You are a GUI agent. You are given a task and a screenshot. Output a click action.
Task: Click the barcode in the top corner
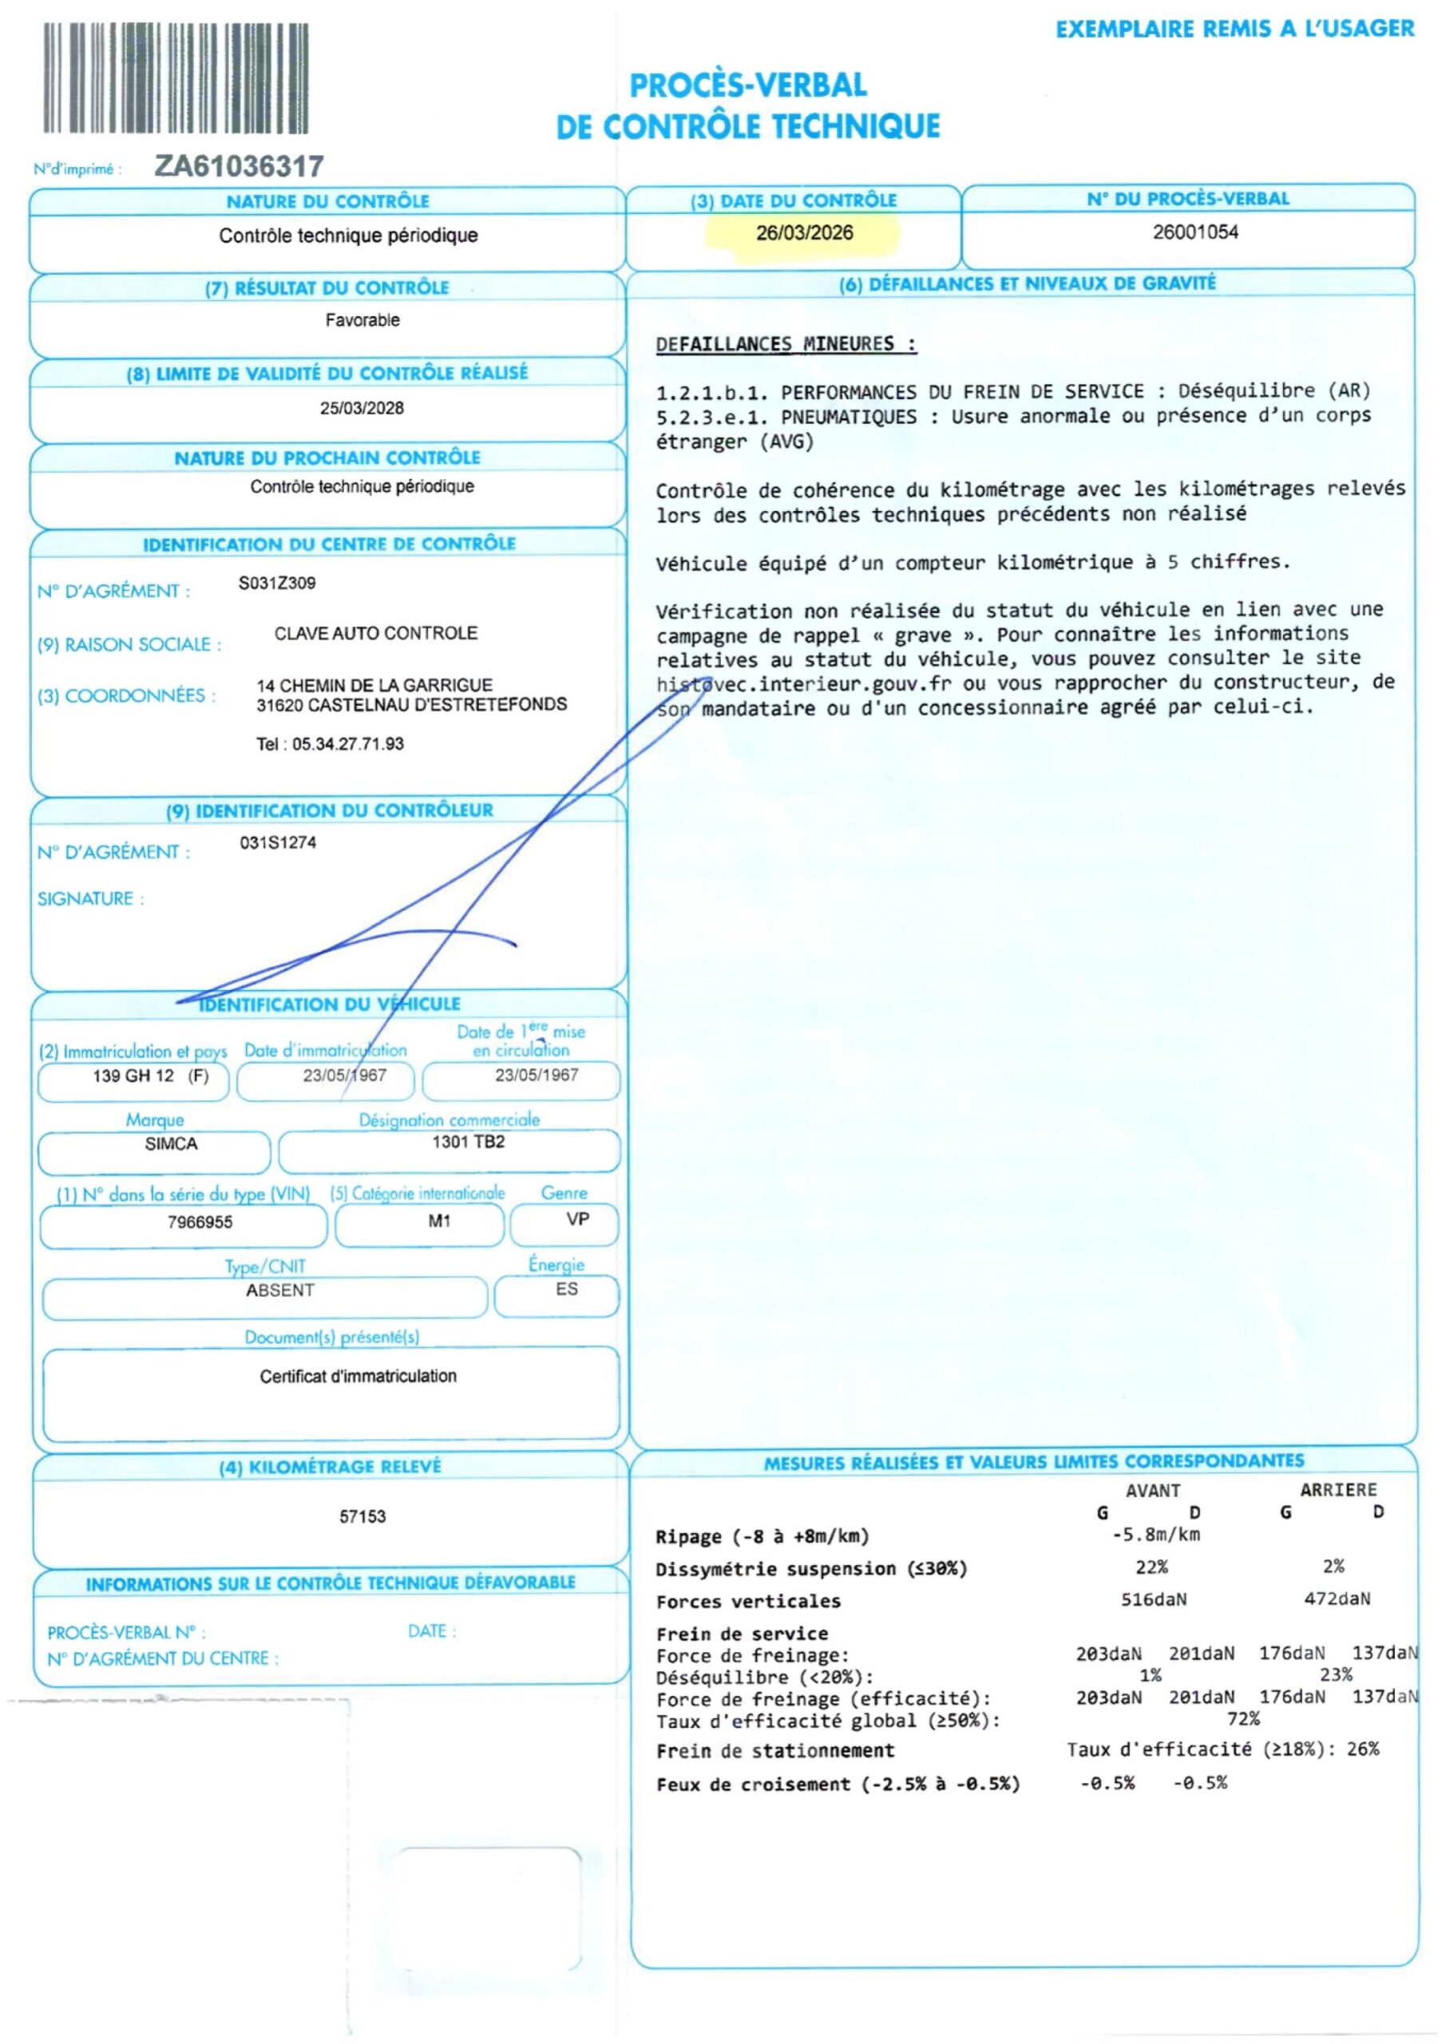point(176,78)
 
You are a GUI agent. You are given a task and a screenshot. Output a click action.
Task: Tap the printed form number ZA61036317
point(239,167)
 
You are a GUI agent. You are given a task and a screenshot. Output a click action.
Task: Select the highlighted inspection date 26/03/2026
point(804,233)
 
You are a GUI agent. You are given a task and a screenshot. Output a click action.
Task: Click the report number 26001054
point(1195,232)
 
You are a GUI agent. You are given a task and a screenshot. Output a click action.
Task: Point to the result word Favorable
point(362,320)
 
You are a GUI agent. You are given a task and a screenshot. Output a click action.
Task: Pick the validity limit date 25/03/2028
point(362,409)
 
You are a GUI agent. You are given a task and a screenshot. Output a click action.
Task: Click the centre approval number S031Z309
point(277,583)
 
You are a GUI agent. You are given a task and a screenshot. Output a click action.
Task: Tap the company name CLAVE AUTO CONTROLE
point(376,633)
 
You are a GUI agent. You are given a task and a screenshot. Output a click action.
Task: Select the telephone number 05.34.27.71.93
point(347,744)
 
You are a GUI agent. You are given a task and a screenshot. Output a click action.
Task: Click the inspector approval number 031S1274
point(278,842)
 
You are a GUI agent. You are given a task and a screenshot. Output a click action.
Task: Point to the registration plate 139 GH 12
point(133,1075)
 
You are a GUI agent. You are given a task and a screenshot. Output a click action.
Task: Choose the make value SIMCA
point(171,1144)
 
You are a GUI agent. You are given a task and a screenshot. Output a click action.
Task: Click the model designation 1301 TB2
point(469,1143)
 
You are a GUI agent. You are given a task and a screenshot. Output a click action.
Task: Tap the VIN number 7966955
point(200,1222)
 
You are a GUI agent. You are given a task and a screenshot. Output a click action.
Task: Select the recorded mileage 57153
point(362,1516)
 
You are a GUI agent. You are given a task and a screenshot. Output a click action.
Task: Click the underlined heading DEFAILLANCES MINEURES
point(786,344)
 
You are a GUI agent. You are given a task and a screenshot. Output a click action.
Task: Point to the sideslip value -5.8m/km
point(1155,1534)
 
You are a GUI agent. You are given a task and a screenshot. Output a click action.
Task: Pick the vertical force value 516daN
point(1153,1600)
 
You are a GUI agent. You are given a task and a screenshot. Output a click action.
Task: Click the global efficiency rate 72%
point(1243,1718)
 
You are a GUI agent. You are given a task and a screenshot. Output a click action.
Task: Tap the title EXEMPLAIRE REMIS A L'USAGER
point(1234,30)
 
